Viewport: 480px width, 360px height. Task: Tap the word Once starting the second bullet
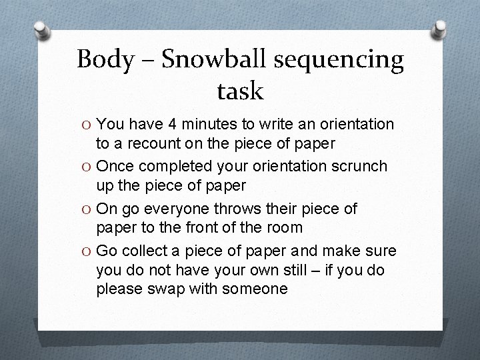pyautogui.click(x=119, y=167)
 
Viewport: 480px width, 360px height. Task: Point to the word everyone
pyautogui.click(x=183, y=209)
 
